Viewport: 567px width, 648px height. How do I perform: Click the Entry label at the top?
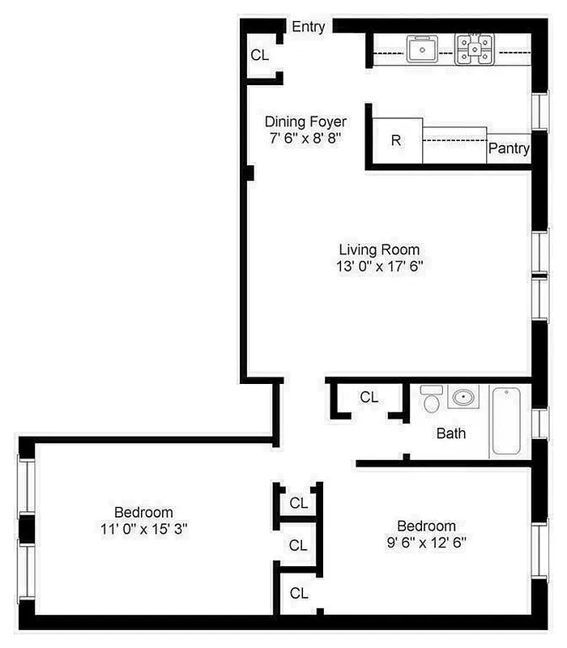pyautogui.click(x=308, y=27)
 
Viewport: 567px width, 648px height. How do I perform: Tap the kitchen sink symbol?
pyautogui.click(x=421, y=50)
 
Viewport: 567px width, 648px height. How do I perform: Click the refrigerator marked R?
pyautogui.click(x=396, y=140)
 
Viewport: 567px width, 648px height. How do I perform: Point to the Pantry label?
pyautogui.click(x=509, y=149)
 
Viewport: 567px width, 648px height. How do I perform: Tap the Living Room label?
pyautogui.click(x=379, y=249)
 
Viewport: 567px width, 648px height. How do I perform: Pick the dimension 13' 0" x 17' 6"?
pyautogui.click(x=379, y=266)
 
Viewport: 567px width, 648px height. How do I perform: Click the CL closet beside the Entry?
pyautogui.click(x=259, y=55)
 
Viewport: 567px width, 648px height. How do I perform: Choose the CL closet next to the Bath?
pyautogui.click(x=369, y=397)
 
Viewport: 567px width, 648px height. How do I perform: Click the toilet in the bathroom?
pyautogui.click(x=431, y=399)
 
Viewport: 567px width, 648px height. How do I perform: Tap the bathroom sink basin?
pyautogui.click(x=463, y=397)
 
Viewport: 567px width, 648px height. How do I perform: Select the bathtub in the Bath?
pyautogui.click(x=509, y=421)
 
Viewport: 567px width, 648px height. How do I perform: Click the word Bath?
pyautogui.click(x=451, y=433)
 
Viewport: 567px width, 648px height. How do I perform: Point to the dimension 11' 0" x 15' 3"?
pyautogui.click(x=143, y=529)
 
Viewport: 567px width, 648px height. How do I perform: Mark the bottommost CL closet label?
pyautogui.click(x=299, y=593)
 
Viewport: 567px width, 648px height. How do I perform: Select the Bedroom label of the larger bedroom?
pyautogui.click(x=143, y=512)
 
